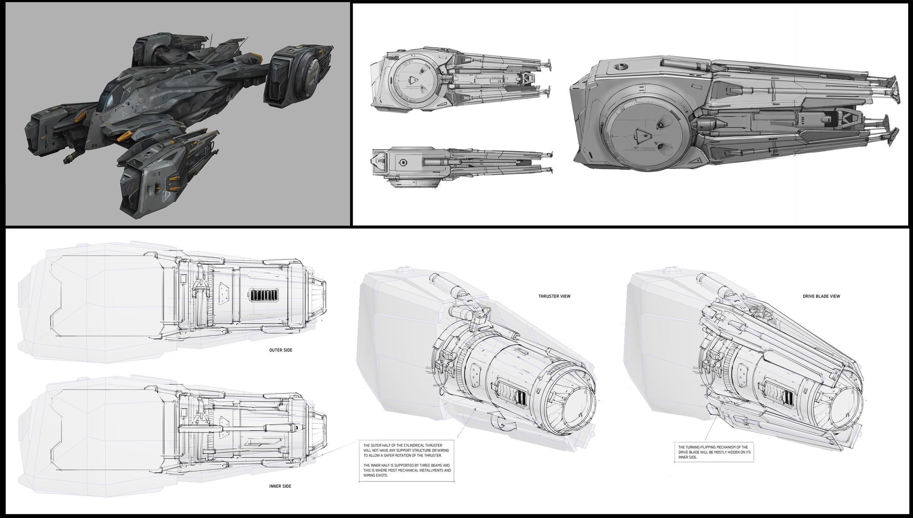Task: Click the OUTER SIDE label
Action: [x=280, y=350]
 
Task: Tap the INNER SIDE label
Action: [x=280, y=486]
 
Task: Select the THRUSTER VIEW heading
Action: [x=554, y=296]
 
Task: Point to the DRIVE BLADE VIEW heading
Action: [x=821, y=296]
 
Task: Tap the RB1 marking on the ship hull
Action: [x=96, y=146]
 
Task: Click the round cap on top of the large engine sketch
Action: [x=619, y=67]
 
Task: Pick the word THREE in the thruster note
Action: [x=428, y=465]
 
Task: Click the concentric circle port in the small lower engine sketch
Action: [x=403, y=162]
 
